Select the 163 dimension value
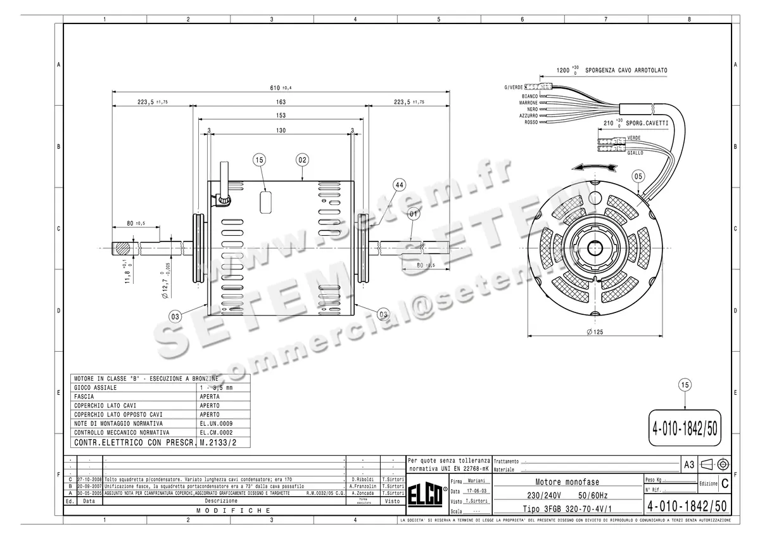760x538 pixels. (x=281, y=102)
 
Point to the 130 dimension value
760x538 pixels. (x=281, y=131)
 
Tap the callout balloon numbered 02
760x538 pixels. (x=302, y=160)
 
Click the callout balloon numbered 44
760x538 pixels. (x=398, y=184)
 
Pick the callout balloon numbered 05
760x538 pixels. (x=638, y=176)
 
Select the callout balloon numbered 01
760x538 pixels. (x=413, y=214)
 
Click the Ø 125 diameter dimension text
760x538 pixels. (x=593, y=332)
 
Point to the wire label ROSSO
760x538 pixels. (x=530, y=122)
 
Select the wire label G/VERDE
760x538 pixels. (x=513, y=87)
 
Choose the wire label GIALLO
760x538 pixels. (x=635, y=153)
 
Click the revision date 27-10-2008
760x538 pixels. (x=89, y=478)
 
